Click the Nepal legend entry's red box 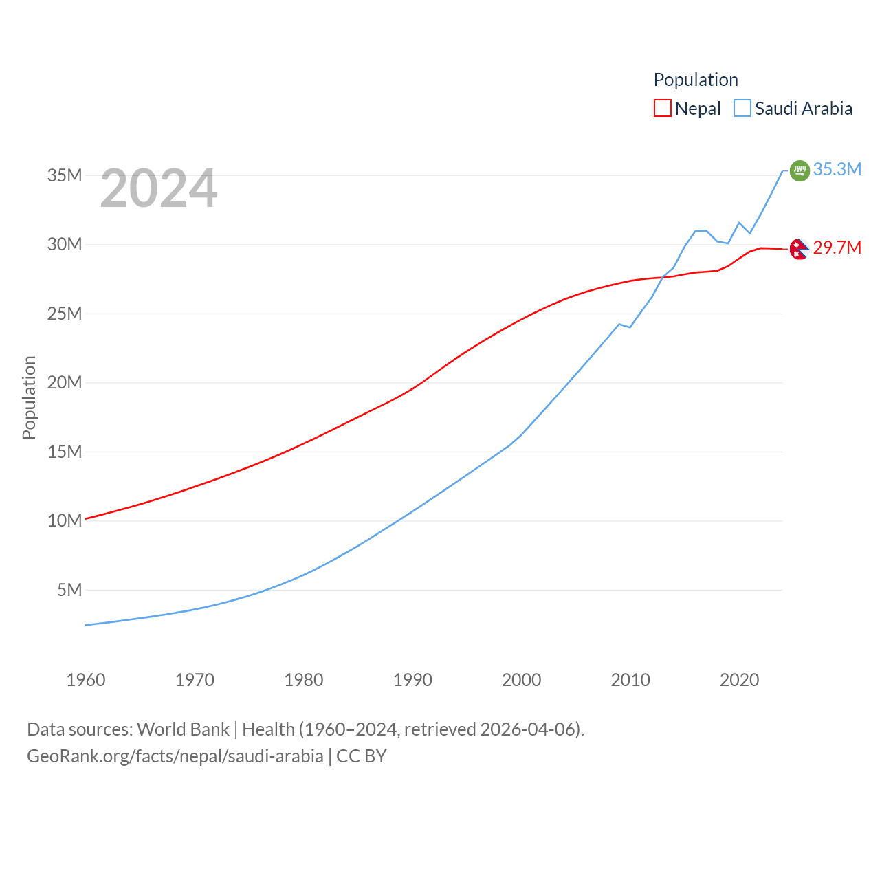coord(662,109)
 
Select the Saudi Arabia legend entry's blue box coord(742,109)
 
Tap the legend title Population coord(696,80)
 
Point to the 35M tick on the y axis coord(65,175)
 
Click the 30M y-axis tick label coord(65,245)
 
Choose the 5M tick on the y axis coord(69,590)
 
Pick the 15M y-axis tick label coord(65,452)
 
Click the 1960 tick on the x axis coord(86,680)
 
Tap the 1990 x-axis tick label coord(412,680)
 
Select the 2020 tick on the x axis coord(739,680)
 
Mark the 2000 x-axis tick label coord(522,680)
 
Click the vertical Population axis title coord(29,397)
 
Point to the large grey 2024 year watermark coord(159,188)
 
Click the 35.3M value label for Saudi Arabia coord(837,169)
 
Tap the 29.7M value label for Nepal coord(837,247)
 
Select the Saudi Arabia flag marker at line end coord(800,170)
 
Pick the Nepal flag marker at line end coord(799,249)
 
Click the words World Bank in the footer coord(183,729)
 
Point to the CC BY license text coord(361,756)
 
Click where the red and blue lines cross coord(662,277)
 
